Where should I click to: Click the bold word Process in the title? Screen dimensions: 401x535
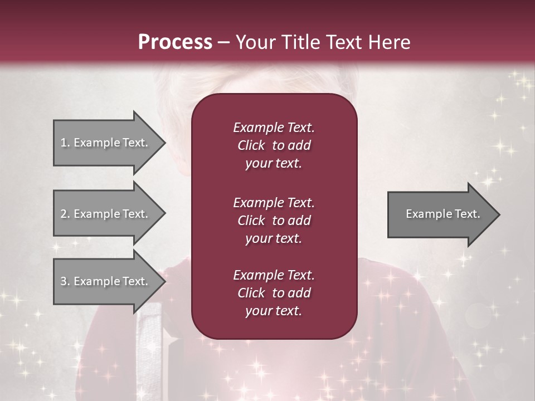click(x=175, y=42)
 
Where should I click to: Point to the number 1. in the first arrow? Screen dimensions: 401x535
click(x=65, y=143)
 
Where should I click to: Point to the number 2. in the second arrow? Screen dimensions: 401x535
click(x=65, y=214)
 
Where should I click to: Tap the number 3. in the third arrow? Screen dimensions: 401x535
click(x=65, y=281)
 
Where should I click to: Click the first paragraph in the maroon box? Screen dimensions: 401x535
click(x=274, y=145)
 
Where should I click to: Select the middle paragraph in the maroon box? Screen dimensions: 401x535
click(x=274, y=220)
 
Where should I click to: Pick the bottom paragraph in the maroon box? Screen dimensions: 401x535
click(x=274, y=293)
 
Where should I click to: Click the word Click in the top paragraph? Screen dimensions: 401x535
click(x=251, y=145)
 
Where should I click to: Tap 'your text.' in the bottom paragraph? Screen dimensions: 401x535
click(x=274, y=311)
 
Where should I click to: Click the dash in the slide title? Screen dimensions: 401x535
click(x=223, y=42)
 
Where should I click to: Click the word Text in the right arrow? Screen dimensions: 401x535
click(x=468, y=214)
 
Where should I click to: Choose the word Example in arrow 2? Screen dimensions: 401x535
click(x=96, y=214)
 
